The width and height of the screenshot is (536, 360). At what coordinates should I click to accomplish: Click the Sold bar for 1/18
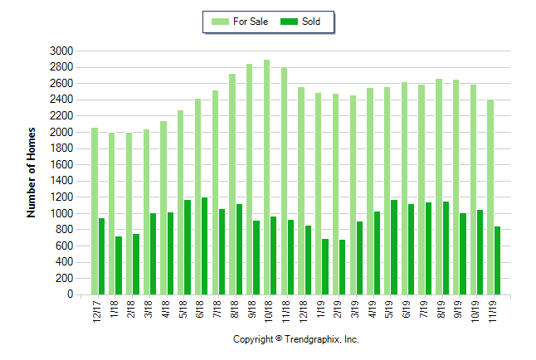119,265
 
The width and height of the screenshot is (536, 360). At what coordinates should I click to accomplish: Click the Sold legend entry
301,22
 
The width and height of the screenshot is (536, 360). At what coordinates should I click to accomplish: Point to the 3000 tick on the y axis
63,51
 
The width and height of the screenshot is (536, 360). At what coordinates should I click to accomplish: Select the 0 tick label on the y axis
71,294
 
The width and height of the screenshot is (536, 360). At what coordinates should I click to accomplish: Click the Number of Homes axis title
32,173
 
